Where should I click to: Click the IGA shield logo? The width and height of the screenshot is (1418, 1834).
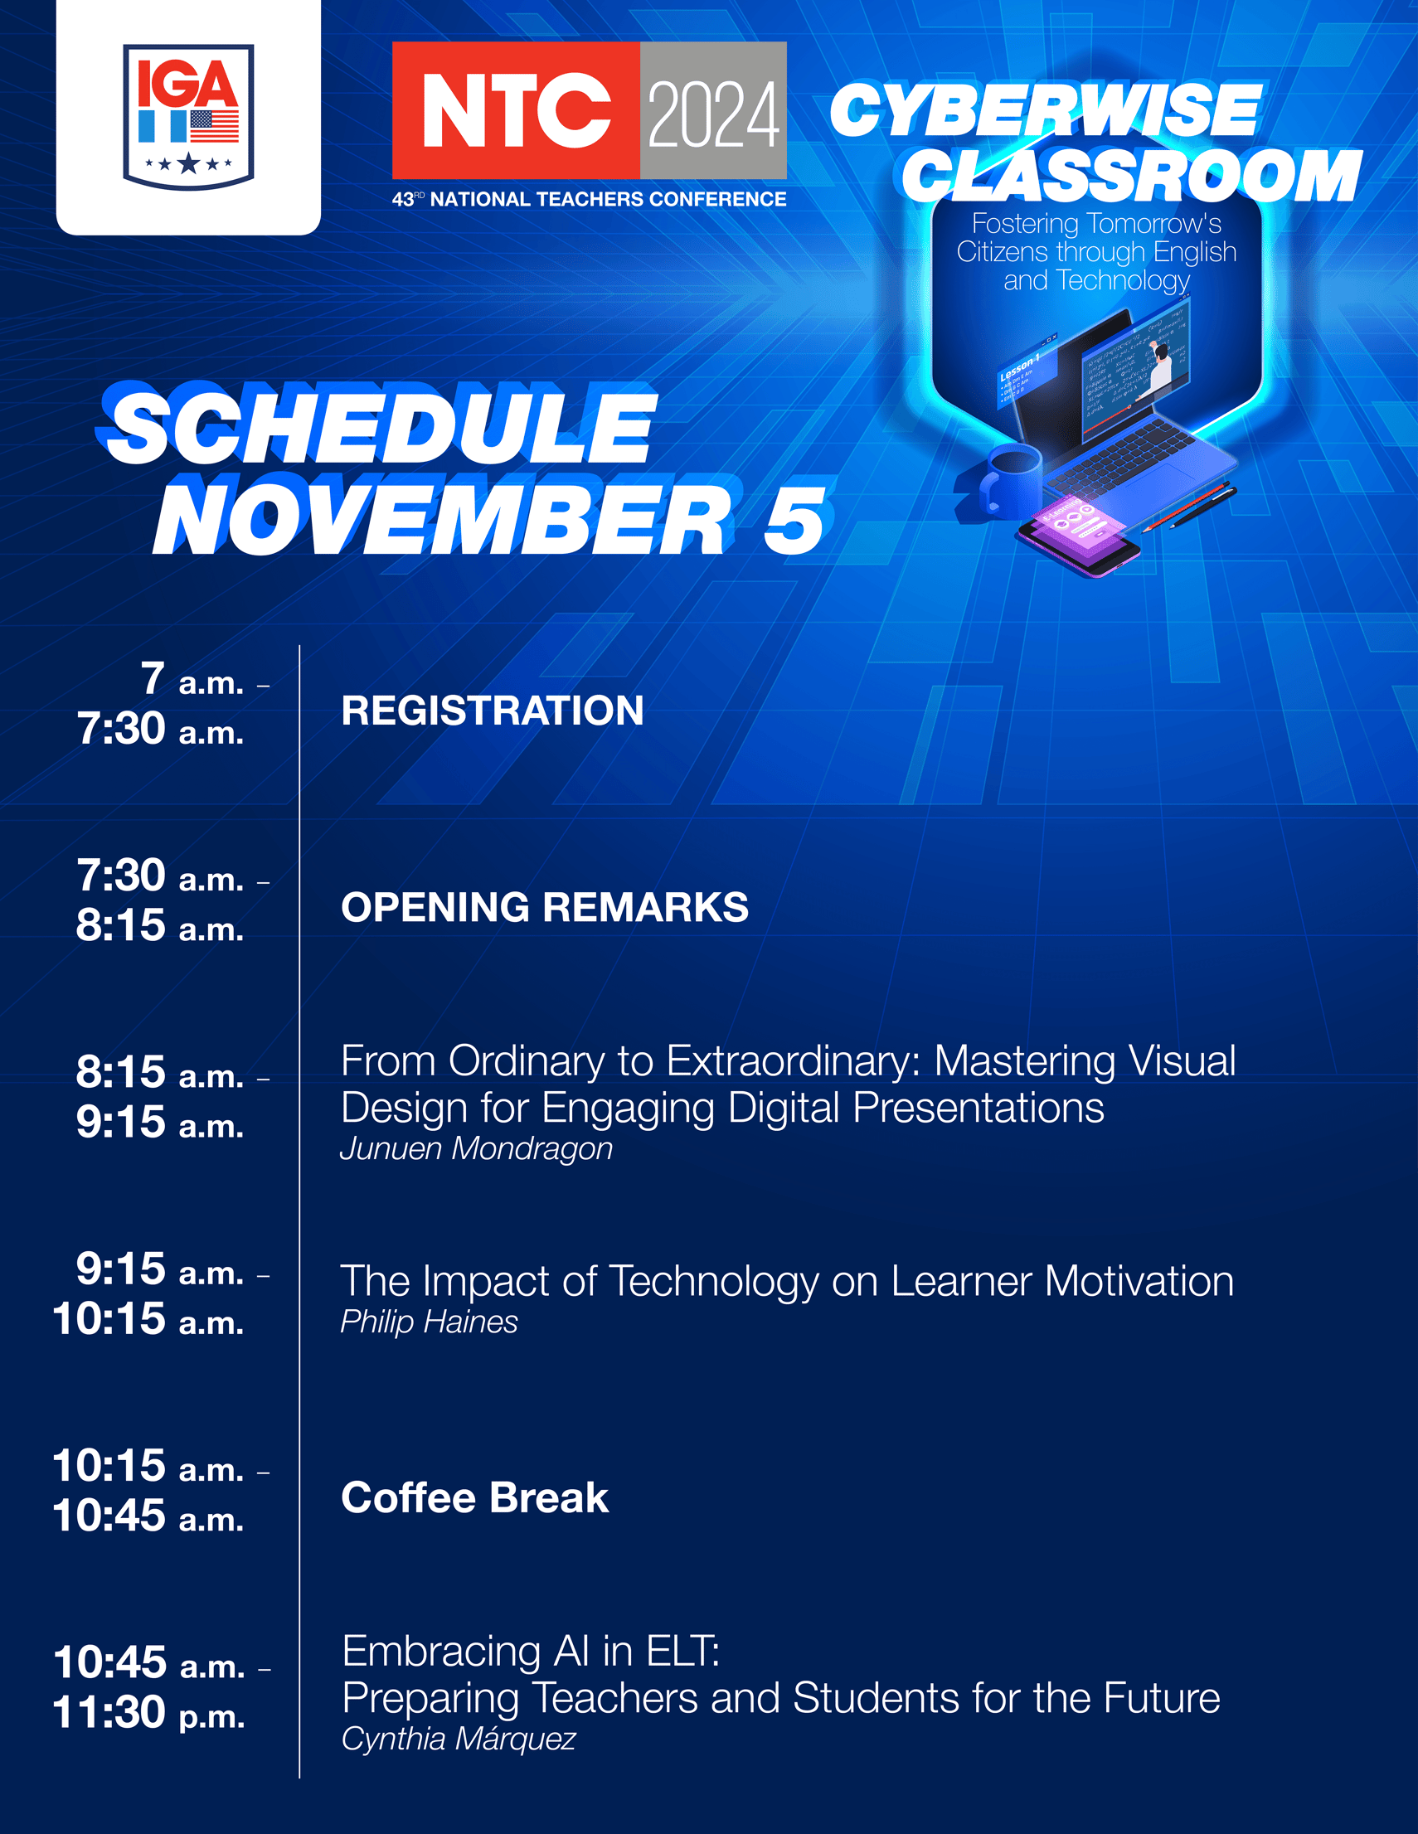point(188,117)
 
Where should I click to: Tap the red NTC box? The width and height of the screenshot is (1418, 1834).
point(516,110)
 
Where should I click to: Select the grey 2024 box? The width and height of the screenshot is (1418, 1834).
point(713,110)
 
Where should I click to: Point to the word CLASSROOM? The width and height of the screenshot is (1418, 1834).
point(1131,176)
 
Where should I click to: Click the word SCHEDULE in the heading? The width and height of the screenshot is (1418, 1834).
point(380,428)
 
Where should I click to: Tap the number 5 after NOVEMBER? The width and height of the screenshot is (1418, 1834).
point(795,522)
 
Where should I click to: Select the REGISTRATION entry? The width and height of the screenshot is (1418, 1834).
point(493,711)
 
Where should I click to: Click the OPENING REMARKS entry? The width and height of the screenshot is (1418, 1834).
point(544,907)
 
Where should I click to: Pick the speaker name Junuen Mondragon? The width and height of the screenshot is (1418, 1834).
point(476,1149)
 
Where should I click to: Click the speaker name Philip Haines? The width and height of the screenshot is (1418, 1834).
point(429,1322)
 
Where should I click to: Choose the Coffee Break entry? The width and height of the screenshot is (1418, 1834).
point(474,1498)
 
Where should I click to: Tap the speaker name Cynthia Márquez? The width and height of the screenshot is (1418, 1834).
point(459,1739)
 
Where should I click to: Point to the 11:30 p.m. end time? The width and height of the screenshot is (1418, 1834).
point(148,1714)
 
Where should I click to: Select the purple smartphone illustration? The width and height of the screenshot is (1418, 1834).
point(1078,536)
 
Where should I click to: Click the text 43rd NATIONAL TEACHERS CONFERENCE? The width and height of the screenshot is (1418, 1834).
point(589,199)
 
